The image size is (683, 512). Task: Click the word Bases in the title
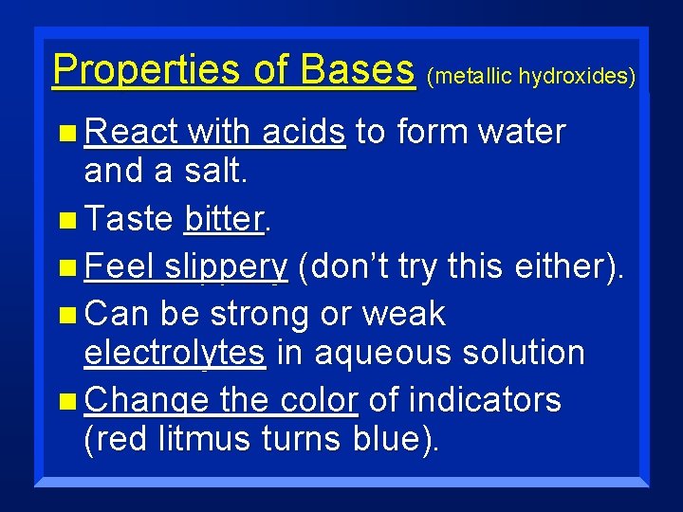coord(357,69)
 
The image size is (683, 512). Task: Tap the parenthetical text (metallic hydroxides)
coord(531,76)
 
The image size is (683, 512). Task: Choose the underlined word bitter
coord(223,220)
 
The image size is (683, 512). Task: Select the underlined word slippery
coord(225,268)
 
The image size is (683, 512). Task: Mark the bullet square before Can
coord(65,315)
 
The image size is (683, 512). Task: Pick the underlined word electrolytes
coord(175,353)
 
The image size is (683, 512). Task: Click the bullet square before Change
coord(65,402)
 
